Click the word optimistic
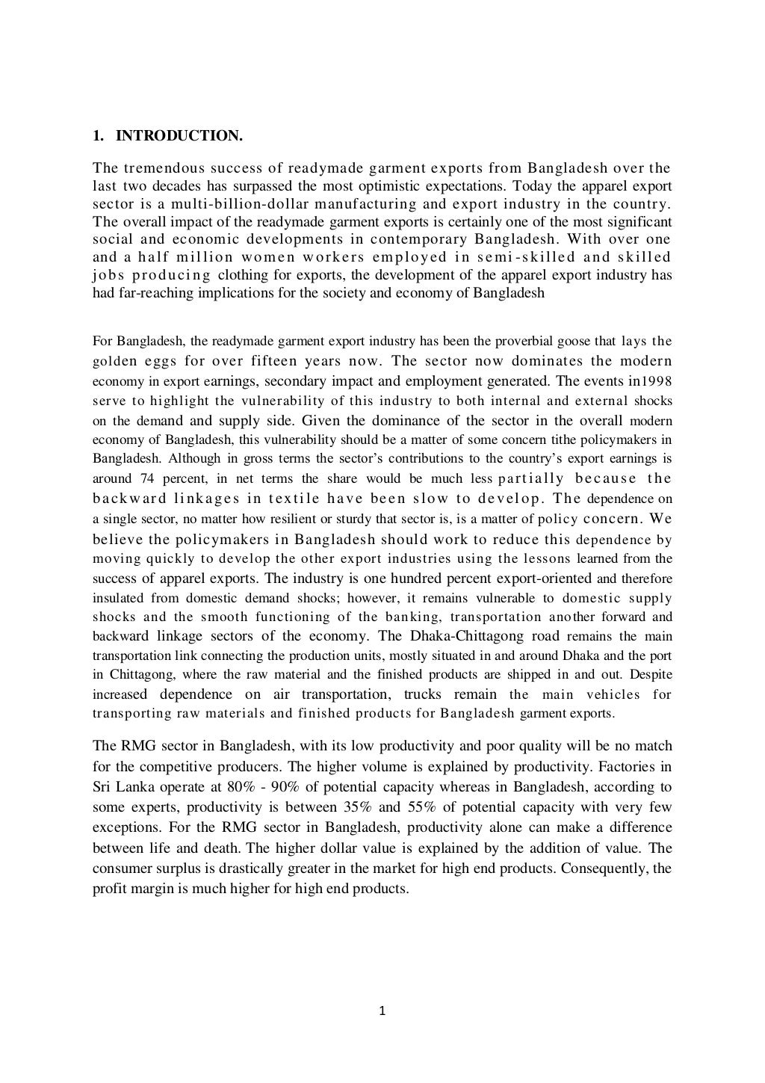(x=388, y=185)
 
